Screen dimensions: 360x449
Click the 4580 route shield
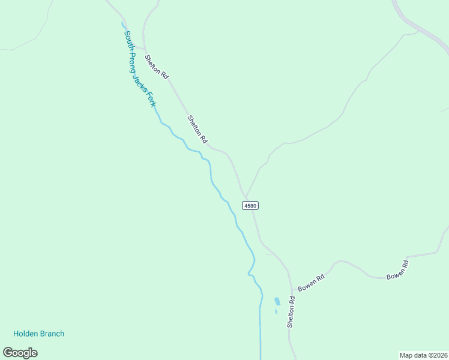tap(250, 205)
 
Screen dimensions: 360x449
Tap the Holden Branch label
tap(38, 334)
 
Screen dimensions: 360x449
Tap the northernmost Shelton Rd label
tap(157, 67)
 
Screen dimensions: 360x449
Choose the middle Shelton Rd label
tap(197, 129)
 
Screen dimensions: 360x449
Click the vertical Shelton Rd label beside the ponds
tap(291, 311)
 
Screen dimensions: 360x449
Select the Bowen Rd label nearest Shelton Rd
tap(312, 283)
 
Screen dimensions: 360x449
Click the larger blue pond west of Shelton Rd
tap(277, 301)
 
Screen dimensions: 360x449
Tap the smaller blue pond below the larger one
tap(276, 311)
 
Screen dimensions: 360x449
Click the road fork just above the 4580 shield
tap(246, 196)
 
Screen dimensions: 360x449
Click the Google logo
tap(20, 353)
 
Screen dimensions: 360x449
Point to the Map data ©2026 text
tap(423, 355)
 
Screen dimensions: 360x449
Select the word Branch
tap(53, 334)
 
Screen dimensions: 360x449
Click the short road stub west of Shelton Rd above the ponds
tap(270, 254)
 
